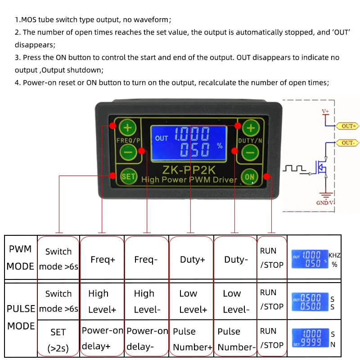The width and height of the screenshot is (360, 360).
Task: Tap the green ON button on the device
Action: tap(250, 177)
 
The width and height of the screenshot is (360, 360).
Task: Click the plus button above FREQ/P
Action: tap(128, 128)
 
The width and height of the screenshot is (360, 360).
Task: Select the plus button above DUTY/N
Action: tap(251, 128)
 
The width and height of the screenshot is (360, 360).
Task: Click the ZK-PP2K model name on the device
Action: tap(189, 170)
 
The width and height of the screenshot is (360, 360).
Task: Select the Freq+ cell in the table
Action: tap(103, 259)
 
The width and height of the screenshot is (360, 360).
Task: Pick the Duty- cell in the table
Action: tap(236, 259)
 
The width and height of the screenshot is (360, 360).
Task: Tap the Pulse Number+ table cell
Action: tap(192, 339)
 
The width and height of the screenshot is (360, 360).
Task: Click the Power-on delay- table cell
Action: tap(147, 339)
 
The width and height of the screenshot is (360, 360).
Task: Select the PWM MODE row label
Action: tap(20, 258)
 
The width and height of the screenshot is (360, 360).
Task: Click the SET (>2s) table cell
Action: tap(58, 339)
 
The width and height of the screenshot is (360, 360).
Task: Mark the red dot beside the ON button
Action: tap(267, 176)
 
